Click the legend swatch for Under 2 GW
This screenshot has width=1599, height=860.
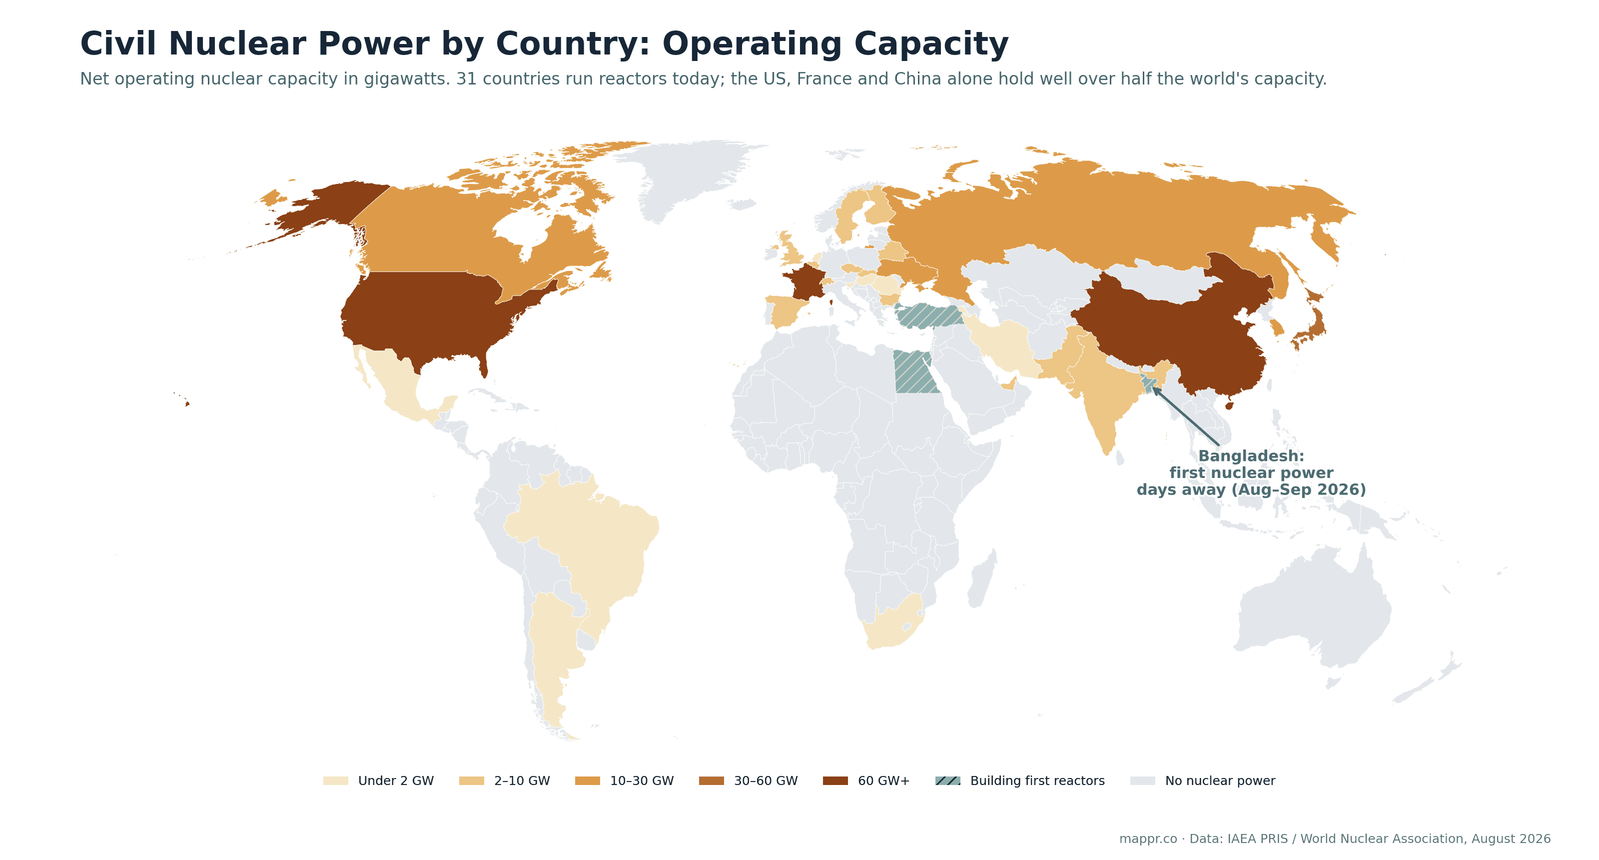click(335, 780)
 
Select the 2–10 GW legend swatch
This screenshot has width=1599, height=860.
click(471, 780)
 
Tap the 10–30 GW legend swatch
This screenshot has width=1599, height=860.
click(587, 780)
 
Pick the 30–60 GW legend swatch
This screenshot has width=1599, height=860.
click(712, 780)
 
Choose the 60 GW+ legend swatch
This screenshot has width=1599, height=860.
click(835, 780)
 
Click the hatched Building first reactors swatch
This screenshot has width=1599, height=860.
click(948, 780)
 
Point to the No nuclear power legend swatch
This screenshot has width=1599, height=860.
click(1142, 780)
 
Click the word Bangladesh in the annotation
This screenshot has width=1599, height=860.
click(1247, 456)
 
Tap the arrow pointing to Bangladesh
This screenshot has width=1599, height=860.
click(1186, 416)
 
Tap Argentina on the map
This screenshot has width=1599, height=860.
click(553, 652)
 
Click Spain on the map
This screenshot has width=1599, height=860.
click(787, 310)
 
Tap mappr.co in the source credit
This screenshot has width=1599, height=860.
click(1148, 839)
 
